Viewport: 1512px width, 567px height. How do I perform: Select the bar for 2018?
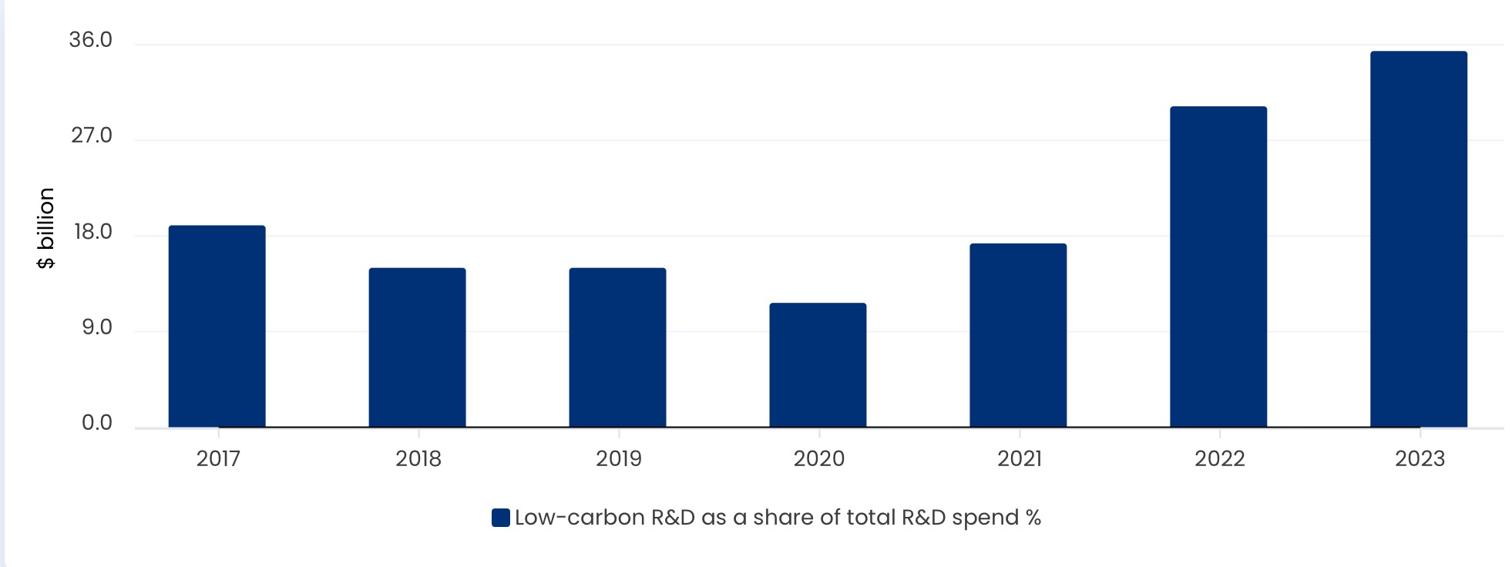417,347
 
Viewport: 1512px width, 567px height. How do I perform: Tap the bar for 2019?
617,347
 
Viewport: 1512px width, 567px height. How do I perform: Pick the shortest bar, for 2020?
818,365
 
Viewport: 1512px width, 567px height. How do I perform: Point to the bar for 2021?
1018,335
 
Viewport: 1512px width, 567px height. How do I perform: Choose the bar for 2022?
1218,267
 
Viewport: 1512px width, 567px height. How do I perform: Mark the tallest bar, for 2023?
1419,239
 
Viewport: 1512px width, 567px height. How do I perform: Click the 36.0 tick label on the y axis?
90,40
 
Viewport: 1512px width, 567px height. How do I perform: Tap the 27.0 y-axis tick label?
92,136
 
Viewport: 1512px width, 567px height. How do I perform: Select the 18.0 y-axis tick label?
92,232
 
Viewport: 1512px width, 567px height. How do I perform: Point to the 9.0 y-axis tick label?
97,327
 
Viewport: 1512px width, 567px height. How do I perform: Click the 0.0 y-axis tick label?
97,423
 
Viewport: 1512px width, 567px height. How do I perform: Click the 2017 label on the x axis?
218,459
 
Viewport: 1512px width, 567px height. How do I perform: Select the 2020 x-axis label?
819,459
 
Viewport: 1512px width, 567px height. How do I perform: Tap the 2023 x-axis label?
1420,459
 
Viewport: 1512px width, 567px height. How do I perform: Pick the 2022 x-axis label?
1219,459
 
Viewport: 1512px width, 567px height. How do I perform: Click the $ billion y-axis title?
46,228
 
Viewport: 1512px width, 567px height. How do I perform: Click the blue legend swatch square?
501,518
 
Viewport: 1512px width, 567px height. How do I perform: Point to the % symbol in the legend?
1033,518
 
